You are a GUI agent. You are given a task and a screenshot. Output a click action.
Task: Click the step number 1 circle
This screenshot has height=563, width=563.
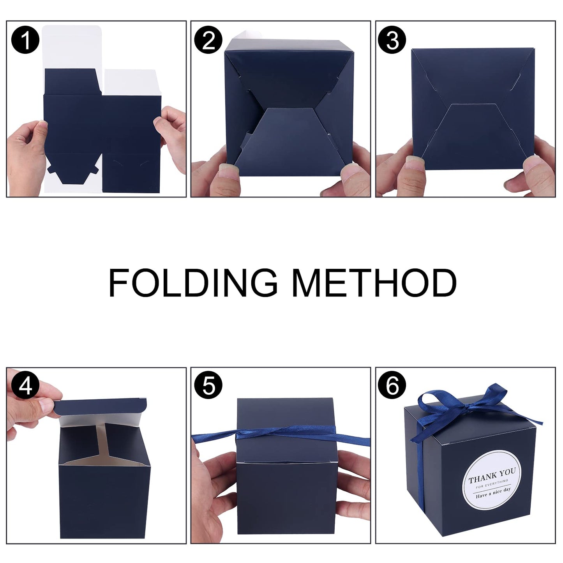click(x=25, y=40)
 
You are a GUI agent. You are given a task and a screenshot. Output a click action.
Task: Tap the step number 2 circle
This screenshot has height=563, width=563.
click(x=209, y=40)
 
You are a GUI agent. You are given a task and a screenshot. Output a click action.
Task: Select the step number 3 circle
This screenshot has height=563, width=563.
click(x=392, y=40)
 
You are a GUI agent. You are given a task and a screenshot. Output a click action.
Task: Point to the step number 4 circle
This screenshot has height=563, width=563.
click(x=25, y=386)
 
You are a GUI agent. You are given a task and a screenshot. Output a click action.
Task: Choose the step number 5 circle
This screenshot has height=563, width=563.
click(x=209, y=386)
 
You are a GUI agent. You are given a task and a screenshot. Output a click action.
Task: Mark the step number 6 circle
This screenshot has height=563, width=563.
click(x=392, y=386)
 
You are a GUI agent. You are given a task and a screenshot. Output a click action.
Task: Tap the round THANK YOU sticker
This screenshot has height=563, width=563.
click(x=492, y=480)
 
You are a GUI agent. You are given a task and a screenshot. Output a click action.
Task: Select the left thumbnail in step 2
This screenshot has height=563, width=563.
click(x=228, y=171)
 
